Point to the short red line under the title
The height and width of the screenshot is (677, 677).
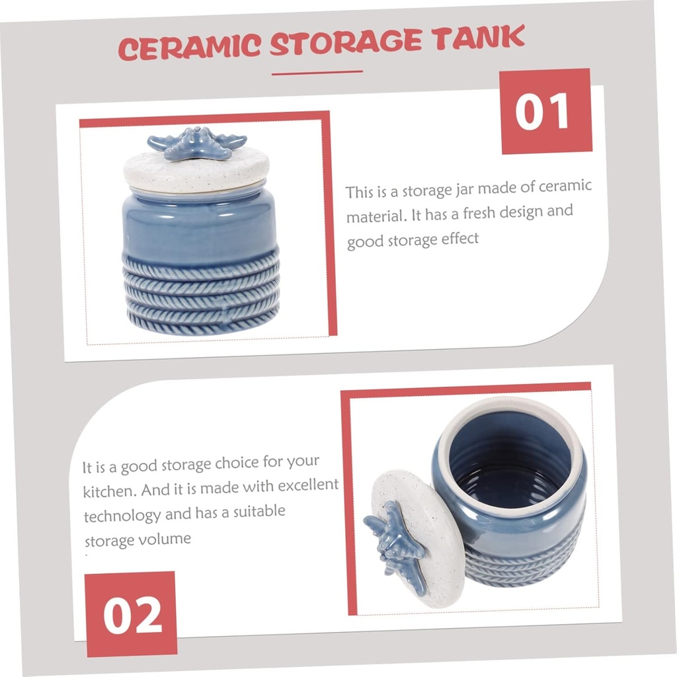pyautogui.click(x=317, y=72)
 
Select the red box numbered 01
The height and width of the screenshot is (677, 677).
pyautogui.click(x=544, y=111)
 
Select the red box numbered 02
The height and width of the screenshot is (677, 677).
pyautogui.click(x=132, y=614)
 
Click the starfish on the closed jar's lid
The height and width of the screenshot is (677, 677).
pyautogui.click(x=196, y=143)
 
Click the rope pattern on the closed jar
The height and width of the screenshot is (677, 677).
pyautogui.click(x=200, y=291)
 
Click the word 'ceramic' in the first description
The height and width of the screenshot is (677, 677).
pyautogui.click(x=565, y=187)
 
